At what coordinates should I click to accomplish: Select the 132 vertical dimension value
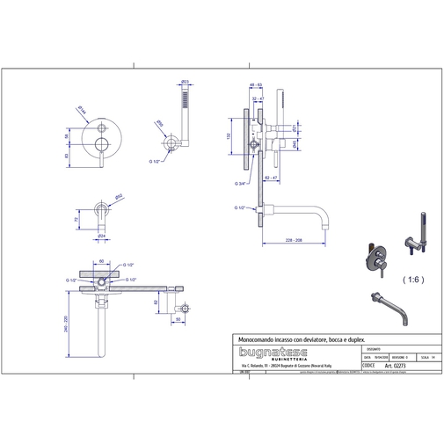[x=226, y=137]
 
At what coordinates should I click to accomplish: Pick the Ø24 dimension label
[x=102, y=235]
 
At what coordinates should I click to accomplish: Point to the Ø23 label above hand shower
[x=185, y=81]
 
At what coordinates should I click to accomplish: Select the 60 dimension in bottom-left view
[x=102, y=260]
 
